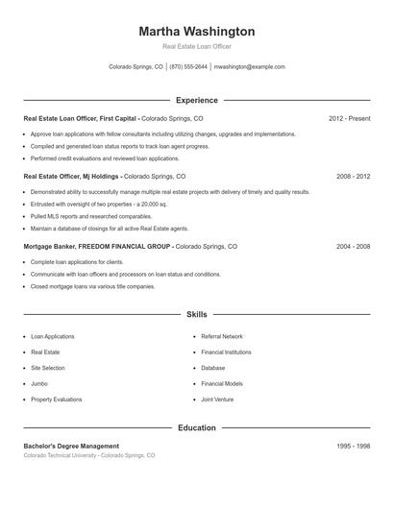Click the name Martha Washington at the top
[197, 31]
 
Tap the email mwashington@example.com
[250, 67]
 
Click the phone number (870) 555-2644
[187, 67]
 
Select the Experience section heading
[197, 100]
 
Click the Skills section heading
[197, 314]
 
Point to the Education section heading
[197, 427]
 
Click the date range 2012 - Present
[349, 118]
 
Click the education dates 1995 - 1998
[353, 446]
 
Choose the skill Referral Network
[222, 336]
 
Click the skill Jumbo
[40, 383]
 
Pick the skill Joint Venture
[218, 399]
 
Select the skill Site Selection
[48, 368]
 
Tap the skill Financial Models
[222, 383]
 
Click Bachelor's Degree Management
[71, 446]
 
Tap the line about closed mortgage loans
[92, 286]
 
